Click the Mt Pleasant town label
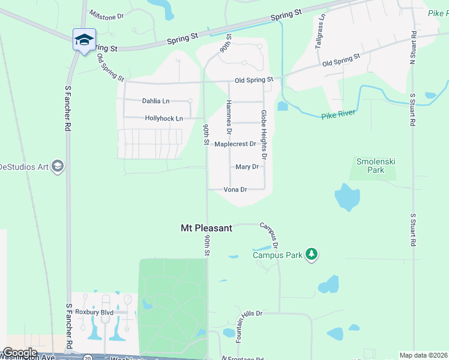(x=206, y=228)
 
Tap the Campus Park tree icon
(x=311, y=254)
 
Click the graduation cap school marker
(x=84, y=40)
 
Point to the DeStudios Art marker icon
(x=58, y=166)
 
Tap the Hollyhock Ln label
(x=164, y=118)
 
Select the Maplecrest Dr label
(x=235, y=144)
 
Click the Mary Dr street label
(x=247, y=167)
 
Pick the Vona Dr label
(x=235, y=190)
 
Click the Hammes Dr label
(x=229, y=116)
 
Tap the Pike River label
(x=339, y=114)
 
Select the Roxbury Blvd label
(x=94, y=312)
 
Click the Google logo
(x=19, y=353)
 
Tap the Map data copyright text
(x=424, y=355)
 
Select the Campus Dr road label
(x=270, y=236)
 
